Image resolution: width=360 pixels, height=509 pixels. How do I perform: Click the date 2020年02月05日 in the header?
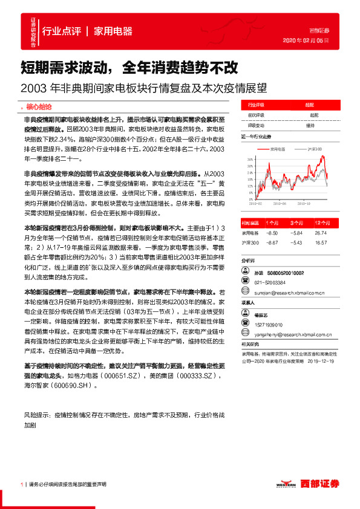[306, 40]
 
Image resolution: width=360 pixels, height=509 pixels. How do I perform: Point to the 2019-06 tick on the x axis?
[283, 204]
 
